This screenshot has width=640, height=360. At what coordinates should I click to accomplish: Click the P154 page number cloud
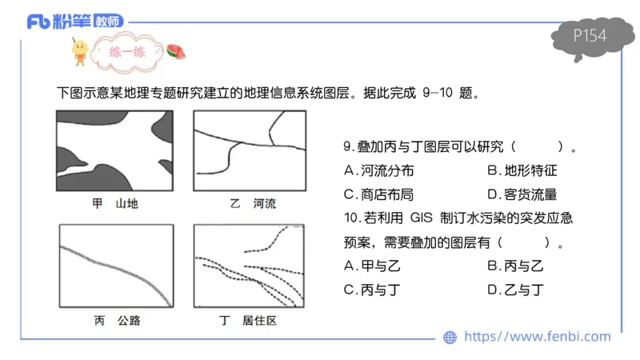[590, 37]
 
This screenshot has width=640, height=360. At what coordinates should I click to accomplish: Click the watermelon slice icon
[176, 53]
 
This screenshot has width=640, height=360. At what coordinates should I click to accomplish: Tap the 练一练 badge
[128, 53]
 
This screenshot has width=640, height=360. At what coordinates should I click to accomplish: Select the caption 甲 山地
[115, 204]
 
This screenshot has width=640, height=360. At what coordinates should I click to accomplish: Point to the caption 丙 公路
[117, 321]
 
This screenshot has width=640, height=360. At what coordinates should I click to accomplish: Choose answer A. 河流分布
[379, 170]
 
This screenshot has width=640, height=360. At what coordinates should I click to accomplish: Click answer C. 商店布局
[379, 194]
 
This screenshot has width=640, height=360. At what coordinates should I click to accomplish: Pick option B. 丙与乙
[515, 266]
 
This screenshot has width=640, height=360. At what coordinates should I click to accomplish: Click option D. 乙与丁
[515, 290]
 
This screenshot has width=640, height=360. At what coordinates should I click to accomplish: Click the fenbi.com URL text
[537, 337]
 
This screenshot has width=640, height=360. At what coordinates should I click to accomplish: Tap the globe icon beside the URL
[450, 338]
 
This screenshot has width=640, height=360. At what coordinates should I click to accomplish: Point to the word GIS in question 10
[420, 218]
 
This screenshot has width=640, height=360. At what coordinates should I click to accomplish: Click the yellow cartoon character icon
[80, 50]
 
